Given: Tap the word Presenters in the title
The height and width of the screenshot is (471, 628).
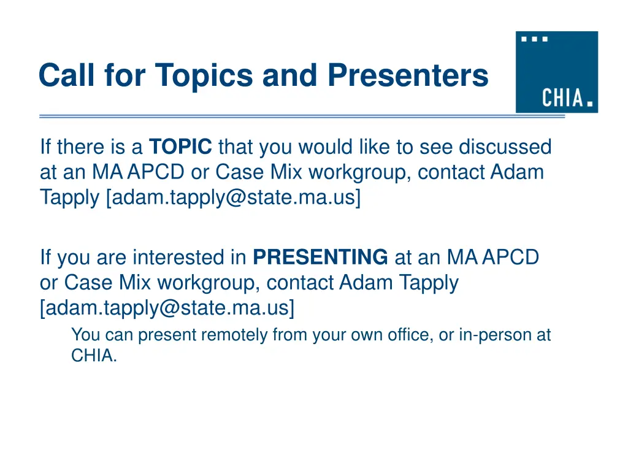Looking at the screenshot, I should [407, 75].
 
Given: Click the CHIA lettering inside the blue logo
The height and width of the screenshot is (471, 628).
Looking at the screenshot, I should [563, 98].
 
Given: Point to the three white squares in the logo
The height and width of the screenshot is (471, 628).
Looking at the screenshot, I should [534, 39].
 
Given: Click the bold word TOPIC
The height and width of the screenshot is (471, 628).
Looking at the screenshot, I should [181, 147].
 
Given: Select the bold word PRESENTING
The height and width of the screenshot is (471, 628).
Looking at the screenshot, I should [320, 258].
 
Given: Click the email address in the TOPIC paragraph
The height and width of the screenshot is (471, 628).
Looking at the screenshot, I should [234, 197].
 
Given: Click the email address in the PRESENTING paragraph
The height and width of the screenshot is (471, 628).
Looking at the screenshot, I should [167, 308].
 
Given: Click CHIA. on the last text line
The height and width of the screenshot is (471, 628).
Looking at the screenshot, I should [93, 356].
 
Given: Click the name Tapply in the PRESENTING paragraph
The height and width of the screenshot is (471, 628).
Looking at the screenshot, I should [427, 283].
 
